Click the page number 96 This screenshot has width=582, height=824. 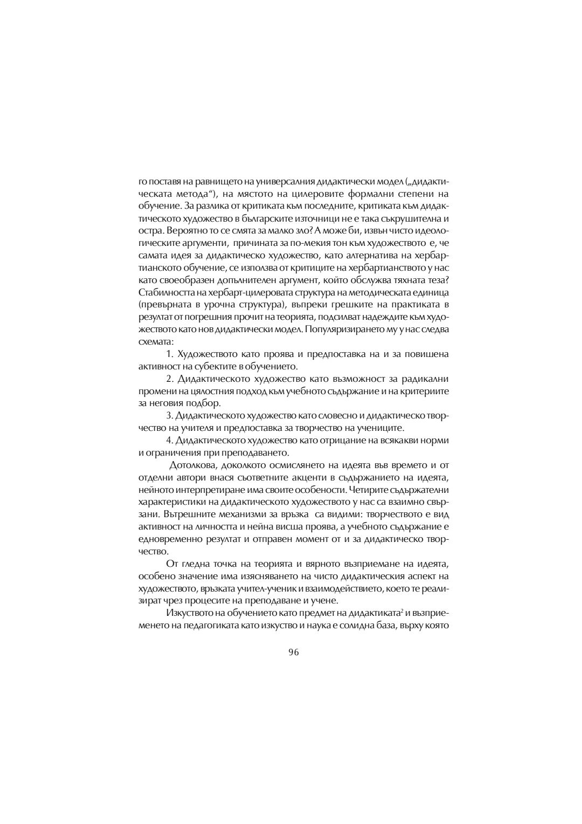click(293, 651)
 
